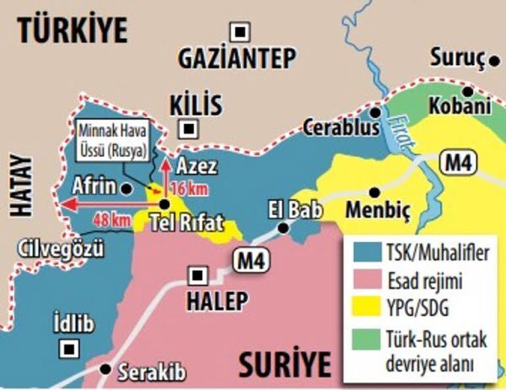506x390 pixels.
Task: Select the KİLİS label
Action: (195, 105)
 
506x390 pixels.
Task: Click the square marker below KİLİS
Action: (191, 128)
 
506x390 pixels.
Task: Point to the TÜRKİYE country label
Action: (75, 30)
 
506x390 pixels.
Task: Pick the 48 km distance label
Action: (111, 219)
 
